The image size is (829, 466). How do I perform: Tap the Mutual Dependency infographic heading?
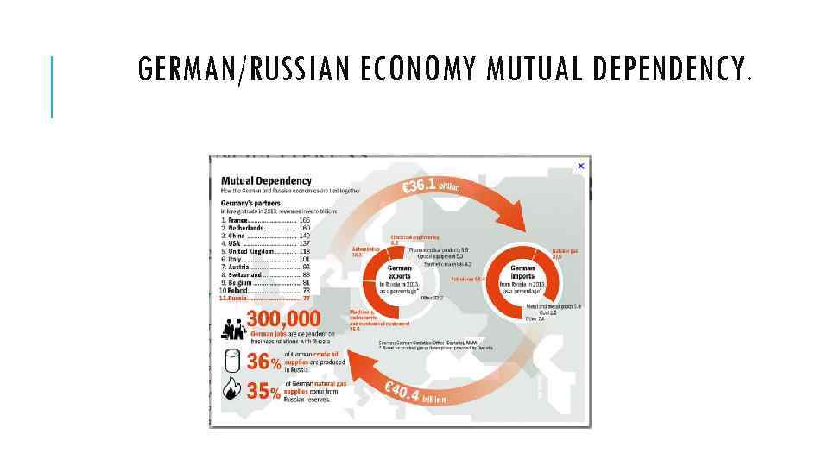[x=266, y=180]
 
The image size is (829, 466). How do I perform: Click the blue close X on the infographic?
[x=581, y=166]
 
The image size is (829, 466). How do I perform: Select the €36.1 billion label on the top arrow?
[x=431, y=186]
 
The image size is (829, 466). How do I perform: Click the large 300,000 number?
[x=283, y=319]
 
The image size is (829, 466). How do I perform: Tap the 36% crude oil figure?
[x=263, y=362]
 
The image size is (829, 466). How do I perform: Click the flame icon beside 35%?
[x=231, y=390]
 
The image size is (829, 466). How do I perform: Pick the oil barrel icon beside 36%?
[x=231, y=361]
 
